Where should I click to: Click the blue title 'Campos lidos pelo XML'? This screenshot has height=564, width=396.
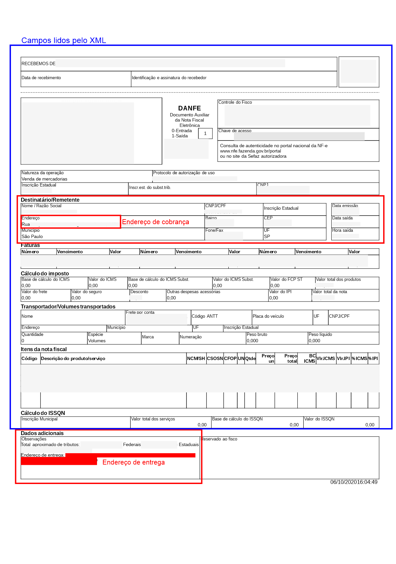point(64,40)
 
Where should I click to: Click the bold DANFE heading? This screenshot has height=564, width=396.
point(189,108)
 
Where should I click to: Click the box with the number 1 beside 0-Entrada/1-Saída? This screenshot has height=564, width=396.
point(205,134)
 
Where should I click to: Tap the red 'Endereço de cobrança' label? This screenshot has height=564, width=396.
point(155,222)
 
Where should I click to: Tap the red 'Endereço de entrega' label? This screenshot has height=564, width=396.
point(133,462)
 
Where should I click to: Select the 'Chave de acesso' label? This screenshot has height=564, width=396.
point(235,131)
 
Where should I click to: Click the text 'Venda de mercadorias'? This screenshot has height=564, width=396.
point(45,179)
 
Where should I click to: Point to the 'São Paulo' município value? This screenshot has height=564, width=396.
point(32,236)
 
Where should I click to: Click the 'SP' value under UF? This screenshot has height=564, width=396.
point(267,236)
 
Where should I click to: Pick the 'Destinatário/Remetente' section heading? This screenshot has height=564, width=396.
point(50,200)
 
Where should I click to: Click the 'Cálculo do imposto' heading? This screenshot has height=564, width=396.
point(45,273)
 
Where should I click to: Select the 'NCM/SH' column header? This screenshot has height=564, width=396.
point(196,358)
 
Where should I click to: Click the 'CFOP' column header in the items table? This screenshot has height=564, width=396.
point(230,358)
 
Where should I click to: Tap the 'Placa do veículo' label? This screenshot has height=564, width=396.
point(268,316)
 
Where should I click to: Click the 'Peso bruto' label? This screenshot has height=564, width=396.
point(257,334)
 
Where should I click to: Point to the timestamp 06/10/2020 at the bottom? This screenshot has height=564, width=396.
point(354,482)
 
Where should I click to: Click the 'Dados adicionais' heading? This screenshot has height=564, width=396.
point(42,433)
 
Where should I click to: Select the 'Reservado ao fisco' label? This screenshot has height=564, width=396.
point(219,439)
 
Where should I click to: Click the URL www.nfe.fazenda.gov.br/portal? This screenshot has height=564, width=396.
point(250,151)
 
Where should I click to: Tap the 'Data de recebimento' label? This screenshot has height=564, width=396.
point(41,78)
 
